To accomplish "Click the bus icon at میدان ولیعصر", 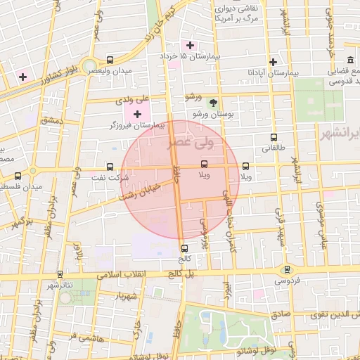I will click(109, 60).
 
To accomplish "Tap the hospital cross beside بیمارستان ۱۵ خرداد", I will click(190, 45).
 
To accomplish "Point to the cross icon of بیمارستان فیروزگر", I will click(137, 114).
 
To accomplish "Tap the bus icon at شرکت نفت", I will click(110, 167).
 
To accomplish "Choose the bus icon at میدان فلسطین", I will click(18, 176).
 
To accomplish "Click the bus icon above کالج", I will click(184, 248).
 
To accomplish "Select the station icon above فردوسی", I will click(286, 269).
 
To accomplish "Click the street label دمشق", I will click(51, 122).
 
